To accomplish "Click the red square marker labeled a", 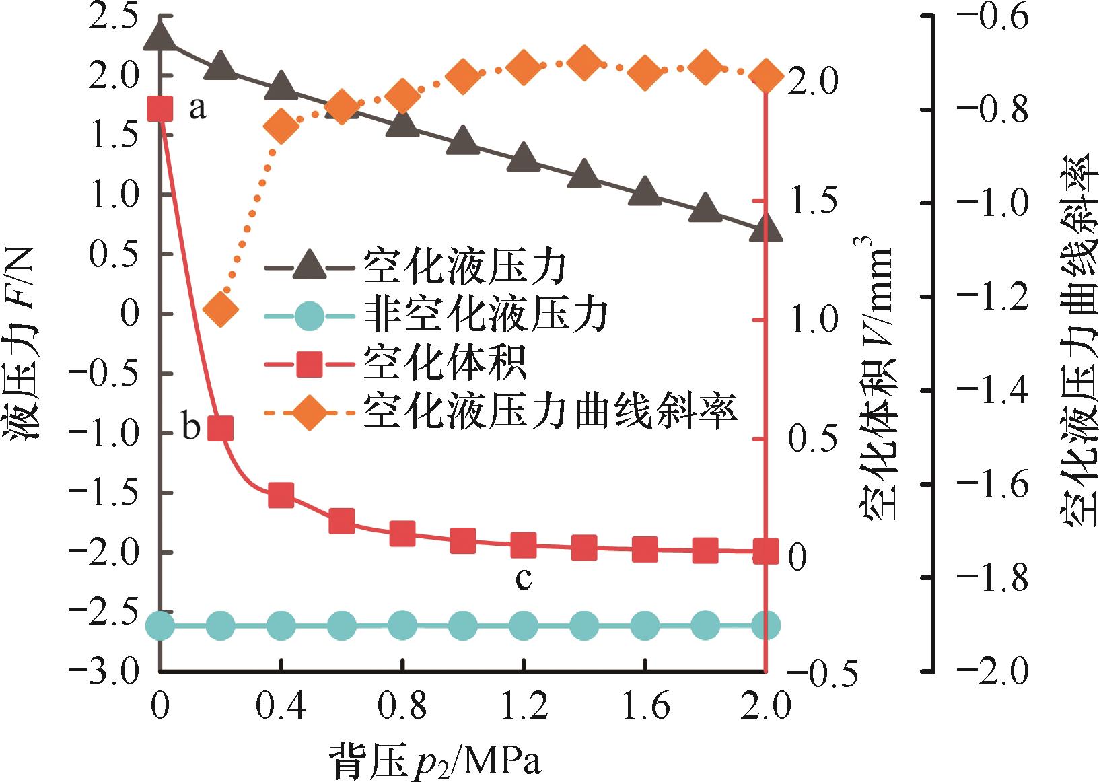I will (x=159, y=108).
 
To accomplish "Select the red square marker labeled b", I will (x=220, y=427).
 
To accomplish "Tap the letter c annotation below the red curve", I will (x=524, y=578).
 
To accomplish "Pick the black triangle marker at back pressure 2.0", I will (x=765, y=229).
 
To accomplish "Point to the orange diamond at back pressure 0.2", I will (x=220, y=309).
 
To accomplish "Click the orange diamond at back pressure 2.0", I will (x=765, y=75).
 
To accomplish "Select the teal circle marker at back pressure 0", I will (x=159, y=625).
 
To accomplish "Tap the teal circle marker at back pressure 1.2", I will (x=524, y=625).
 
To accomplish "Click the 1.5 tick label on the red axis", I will (x=812, y=201).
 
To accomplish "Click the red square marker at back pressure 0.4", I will (x=281, y=495).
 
